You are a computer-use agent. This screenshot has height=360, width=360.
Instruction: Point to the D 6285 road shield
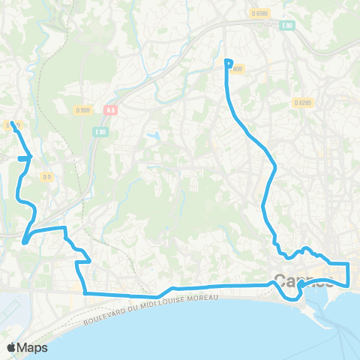pyautogui.click(x=302, y=102)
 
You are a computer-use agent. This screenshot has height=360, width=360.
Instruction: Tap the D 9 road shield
pyautogui.click(x=47, y=177)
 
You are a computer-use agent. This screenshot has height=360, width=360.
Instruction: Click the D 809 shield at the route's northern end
pyautogui.click(x=236, y=70)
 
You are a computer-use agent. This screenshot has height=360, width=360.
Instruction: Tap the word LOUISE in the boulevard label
pyautogui.click(x=170, y=302)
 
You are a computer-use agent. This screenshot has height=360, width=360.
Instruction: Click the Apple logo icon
pyautogui.click(x=12, y=347)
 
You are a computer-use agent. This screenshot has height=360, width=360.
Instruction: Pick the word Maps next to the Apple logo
pyautogui.click(x=33, y=347)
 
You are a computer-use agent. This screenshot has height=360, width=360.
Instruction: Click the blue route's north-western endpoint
pyautogui.click(x=13, y=122)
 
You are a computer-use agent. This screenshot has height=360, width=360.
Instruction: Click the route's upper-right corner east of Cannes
pyautogui.click(x=349, y=264)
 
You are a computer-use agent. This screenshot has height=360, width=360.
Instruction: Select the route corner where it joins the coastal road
pyautogui.click(x=84, y=292)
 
